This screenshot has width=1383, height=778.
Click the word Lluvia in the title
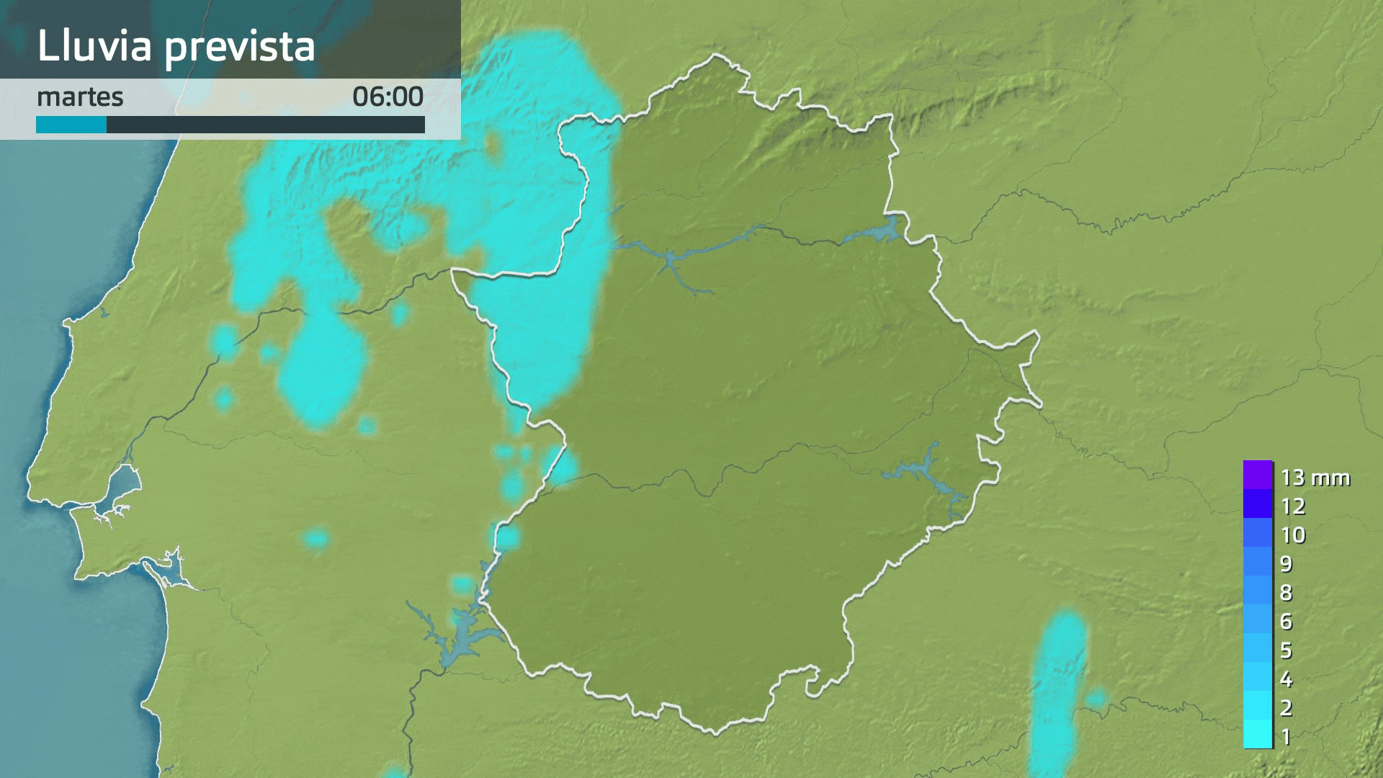[x=94, y=45]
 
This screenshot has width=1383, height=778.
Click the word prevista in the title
[x=239, y=47]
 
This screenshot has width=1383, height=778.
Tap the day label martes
[x=80, y=97]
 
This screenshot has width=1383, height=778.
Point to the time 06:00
[x=388, y=97]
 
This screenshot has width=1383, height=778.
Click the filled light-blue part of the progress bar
[x=71, y=125]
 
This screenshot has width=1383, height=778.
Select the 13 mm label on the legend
[x=1315, y=478]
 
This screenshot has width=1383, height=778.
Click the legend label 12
[x=1293, y=506]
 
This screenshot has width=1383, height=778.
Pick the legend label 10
[x=1293, y=535]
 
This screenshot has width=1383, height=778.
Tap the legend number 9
[x=1286, y=564]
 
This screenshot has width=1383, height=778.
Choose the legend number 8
[x=1286, y=593]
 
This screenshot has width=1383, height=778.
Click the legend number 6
[x=1286, y=622]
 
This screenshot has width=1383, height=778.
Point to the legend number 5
[x=1286, y=650]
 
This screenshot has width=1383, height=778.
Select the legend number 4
[x=1286, y=679]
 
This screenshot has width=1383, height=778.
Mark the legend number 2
[x=1286, y=708]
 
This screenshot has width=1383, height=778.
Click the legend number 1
[x=1286, y=737]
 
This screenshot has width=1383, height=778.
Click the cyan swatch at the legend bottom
[x=1258, y=734]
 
